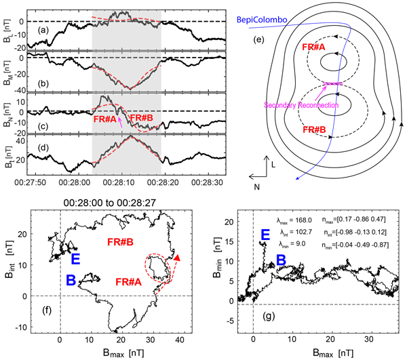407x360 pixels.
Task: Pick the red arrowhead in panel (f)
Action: tap(176, 258)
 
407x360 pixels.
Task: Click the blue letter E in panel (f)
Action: tap(75, 258)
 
